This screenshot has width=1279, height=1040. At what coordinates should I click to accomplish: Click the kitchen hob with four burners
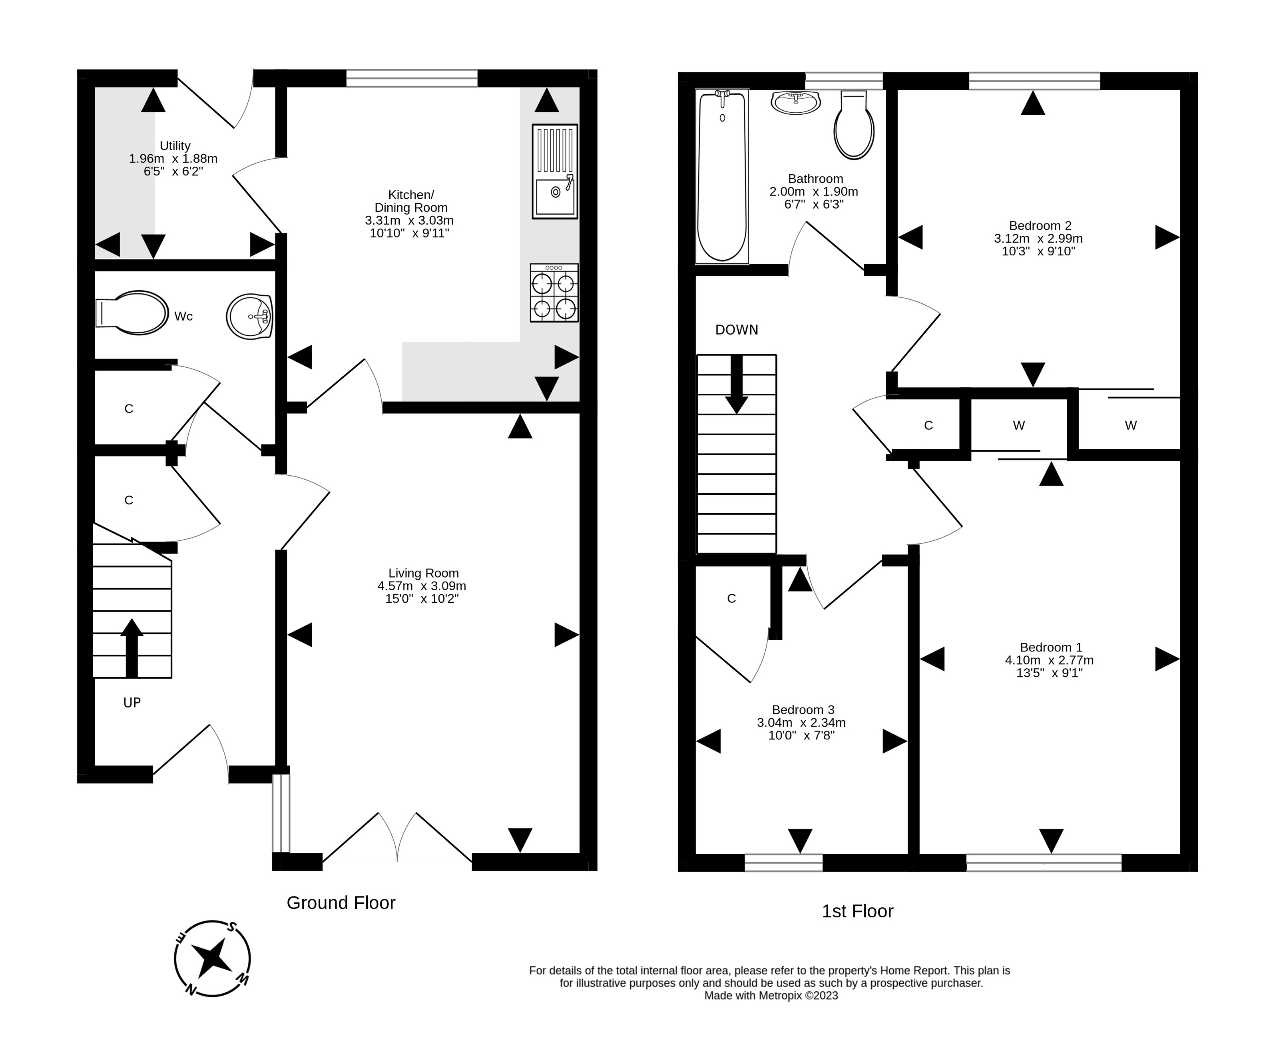pyautogui.click(x=554, y=293)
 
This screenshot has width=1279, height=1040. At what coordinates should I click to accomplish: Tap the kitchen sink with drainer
pyautogui.click(x=555, y=171)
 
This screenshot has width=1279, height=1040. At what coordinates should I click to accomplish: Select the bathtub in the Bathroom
pyautogui.click(x=722, y=176)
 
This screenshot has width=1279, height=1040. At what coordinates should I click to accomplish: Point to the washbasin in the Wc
pyautogui.click(x=250, y=316)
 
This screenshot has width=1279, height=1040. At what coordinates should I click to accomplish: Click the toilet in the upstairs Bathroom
pyautogui.click(x=854, y=125)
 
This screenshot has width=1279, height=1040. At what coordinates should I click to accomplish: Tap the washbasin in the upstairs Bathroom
pyautogui.click(x=795, y=102)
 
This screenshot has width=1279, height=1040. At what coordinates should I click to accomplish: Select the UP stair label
pyautogui.click(x=132, y=703)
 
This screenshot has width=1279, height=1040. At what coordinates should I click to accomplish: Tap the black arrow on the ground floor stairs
pyautogui.click(x=132, y=648)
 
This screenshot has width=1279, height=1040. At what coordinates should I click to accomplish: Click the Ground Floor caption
pyautogui.click(x=341, y=903)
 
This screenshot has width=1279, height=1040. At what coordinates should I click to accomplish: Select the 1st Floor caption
pyautogui.click(x=857, y=911)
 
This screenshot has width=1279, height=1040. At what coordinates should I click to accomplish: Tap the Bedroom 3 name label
pyautogui.click(x=803, y=710)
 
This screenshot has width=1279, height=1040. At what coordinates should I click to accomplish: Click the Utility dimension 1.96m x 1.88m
pyautogui.click(x=173, y=159)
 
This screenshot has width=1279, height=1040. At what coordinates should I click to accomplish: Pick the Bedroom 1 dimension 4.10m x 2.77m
pyautogui.click(x=1049, y=660)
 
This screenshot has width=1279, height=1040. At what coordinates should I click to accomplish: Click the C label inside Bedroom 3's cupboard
pyautogui.click(x=731, y=598)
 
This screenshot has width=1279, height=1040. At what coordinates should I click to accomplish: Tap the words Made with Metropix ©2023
pyautogui.click(x=771, y=996)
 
